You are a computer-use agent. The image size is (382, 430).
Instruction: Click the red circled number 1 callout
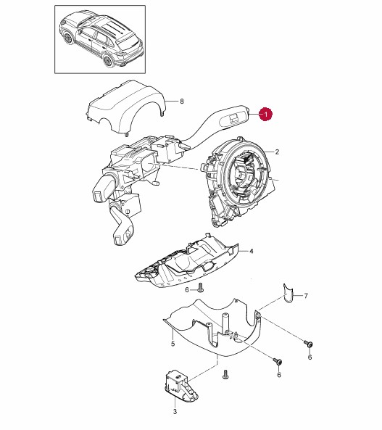(x=266, y=114)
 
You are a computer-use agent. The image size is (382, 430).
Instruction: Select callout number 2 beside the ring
(x=277, y=152)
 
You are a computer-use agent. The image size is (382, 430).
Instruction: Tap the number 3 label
(x=175, y=411)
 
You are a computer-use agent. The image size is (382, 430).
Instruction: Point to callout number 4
(x=252, y=251)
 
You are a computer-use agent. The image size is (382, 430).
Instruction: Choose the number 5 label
(x=173, y=344)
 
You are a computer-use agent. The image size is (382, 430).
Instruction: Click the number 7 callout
(x=306, y=296)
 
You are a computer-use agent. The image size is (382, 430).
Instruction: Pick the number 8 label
(x=181, y=102)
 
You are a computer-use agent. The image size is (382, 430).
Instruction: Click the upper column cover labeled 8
(x=126, y=107)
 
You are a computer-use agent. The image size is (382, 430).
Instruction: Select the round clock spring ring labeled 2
(x=238, y=181)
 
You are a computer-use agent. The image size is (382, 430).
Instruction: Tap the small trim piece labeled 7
(x=288, y=294)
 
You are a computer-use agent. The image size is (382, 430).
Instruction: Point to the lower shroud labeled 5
(x=214, y=329)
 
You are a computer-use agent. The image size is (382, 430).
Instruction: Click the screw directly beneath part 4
(x=201, y=288)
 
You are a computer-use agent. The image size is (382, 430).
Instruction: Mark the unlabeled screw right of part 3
(x=225, y=375)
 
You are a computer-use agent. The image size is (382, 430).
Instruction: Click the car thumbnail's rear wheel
(x=108, y=61)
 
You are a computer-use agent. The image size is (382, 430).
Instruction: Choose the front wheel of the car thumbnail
(x=68, y=38)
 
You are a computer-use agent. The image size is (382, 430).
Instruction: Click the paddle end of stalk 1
(x=233, y=117)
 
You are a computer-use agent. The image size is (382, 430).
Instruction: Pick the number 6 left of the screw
(x=187, y=290)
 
